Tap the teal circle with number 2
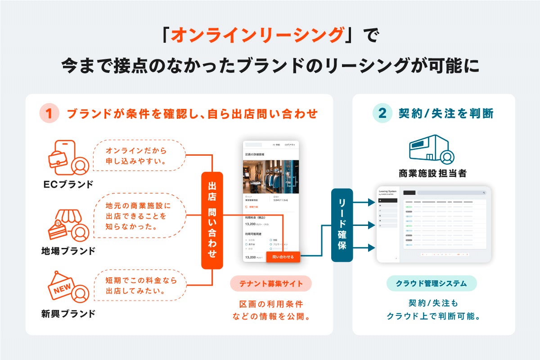(x=382, y=114)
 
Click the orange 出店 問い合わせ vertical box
(x=212, y=220)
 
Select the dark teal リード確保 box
(x=342, y=225)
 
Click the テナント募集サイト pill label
(x=271, y=283)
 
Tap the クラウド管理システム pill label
(x=431, y=283)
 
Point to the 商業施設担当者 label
(x=432, y=173)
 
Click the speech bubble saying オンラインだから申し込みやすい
(x=139, y=156)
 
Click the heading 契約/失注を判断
(x=446, y=114)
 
